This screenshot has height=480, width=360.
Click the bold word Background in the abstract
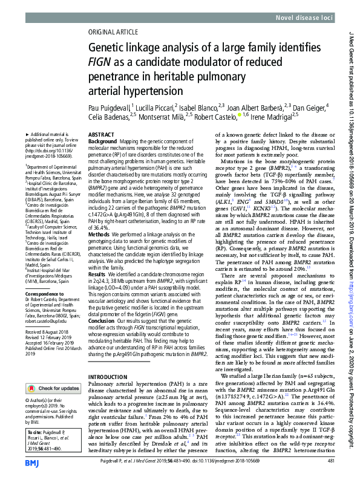point(102,141)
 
